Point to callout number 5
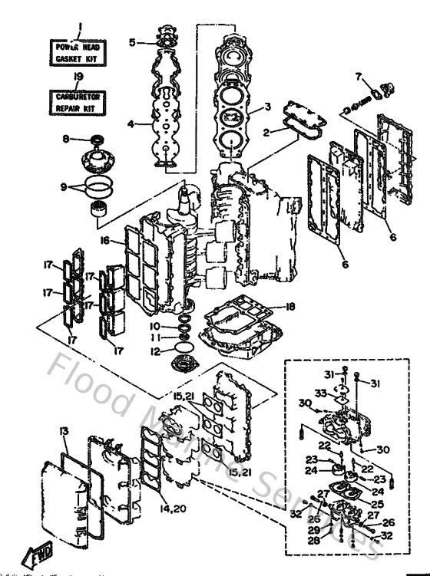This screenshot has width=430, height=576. click(x=132, y=43)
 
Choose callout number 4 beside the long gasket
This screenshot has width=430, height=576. click(x=131, y=123)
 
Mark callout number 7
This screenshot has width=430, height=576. click(x=357, y=75)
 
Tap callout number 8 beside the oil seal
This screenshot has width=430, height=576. click(x=66, y=139)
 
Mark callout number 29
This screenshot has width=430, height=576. click(x=313, y=530)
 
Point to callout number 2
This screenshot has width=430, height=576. click(x=266, y=133)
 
